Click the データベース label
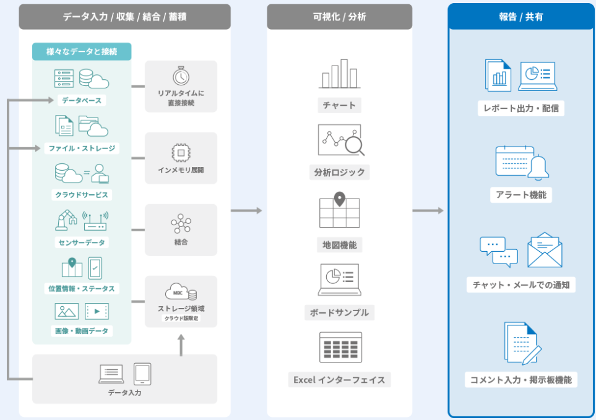coord(81,100)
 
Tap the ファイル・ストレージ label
coord(81,148)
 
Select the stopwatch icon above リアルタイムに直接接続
coord(181,76)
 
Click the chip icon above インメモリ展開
coord(181,152)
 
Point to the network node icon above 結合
coord(181,223)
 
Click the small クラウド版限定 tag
coord(181,319)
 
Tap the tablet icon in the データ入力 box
coord(142,374)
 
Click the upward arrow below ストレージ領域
coord(181,345)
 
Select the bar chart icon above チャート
coord(340,74)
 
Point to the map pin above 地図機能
coord(339,199)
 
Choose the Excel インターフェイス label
coord(339,379)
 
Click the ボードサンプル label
coord(339,312)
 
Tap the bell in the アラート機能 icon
coord(538,166)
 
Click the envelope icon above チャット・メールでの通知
coord(545,250)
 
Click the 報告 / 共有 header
coord(521,17)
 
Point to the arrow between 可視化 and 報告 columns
coord(428,211)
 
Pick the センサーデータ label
coord(81,242)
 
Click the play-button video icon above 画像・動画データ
coord(97,311)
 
